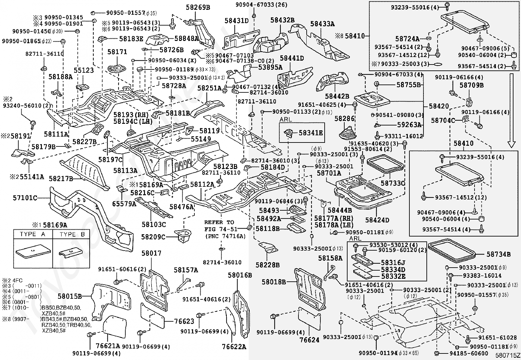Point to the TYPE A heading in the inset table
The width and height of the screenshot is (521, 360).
click(32, 234)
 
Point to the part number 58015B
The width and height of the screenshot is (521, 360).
click(69, 296)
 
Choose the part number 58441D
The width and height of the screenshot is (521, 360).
click(292, 58)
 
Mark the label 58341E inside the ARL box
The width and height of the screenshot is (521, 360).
click(311, 133)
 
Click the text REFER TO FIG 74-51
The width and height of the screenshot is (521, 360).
click(219, 225)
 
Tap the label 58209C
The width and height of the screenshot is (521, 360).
click(153, 237)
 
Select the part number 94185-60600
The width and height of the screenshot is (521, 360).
click(468, 353)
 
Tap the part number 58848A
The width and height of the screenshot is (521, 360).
click(186, 38)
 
